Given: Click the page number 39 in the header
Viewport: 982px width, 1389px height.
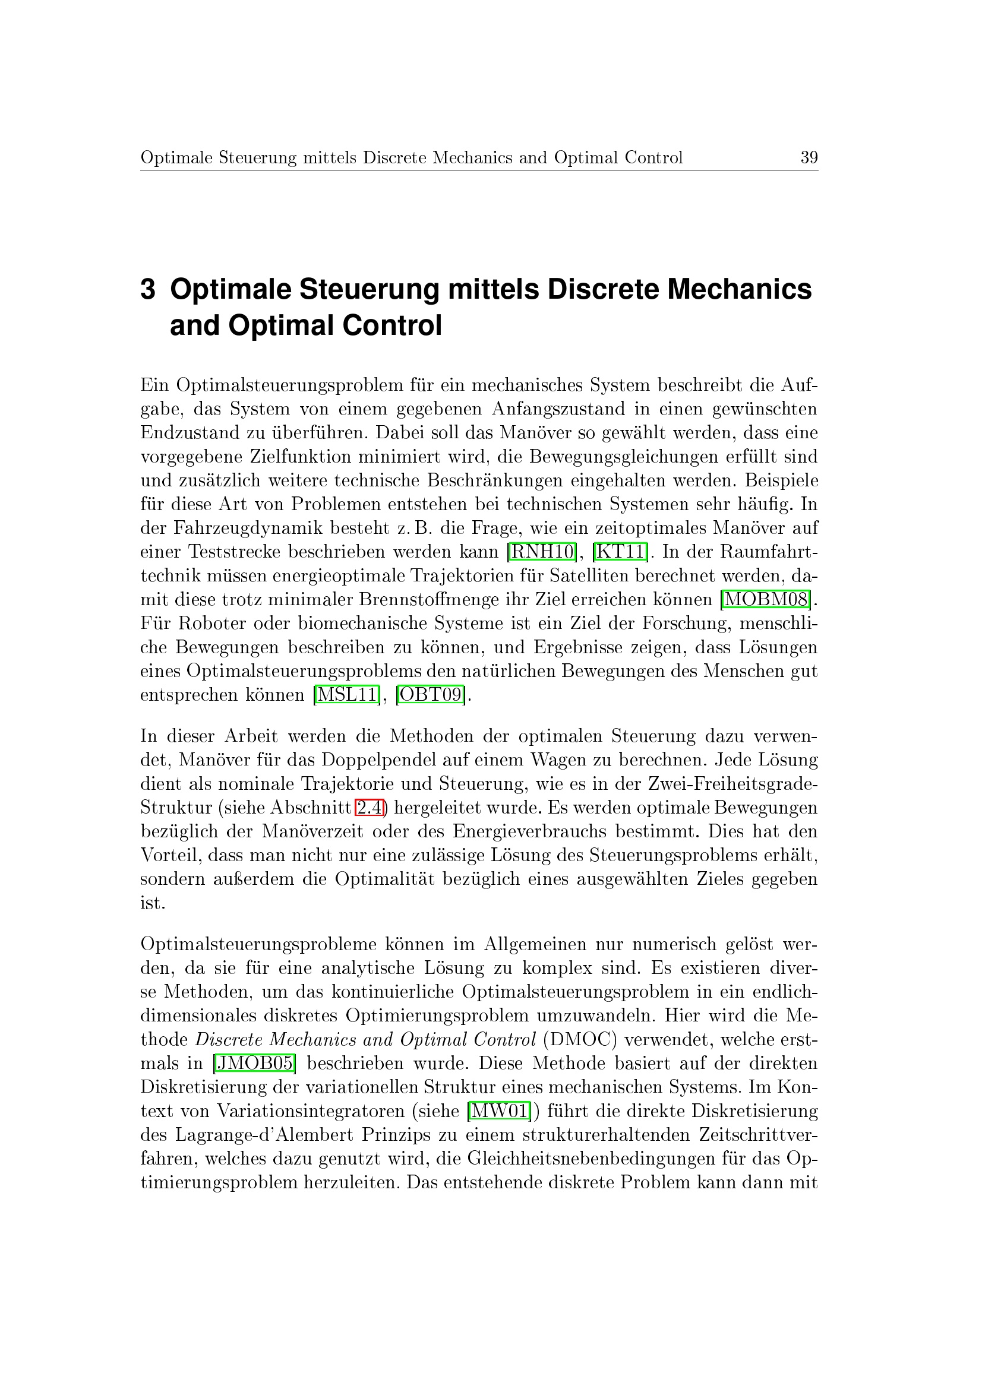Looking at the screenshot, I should [809, 158].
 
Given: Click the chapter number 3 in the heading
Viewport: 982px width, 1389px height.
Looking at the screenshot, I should [148, 290].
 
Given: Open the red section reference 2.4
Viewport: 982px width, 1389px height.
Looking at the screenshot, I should [370, 808].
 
